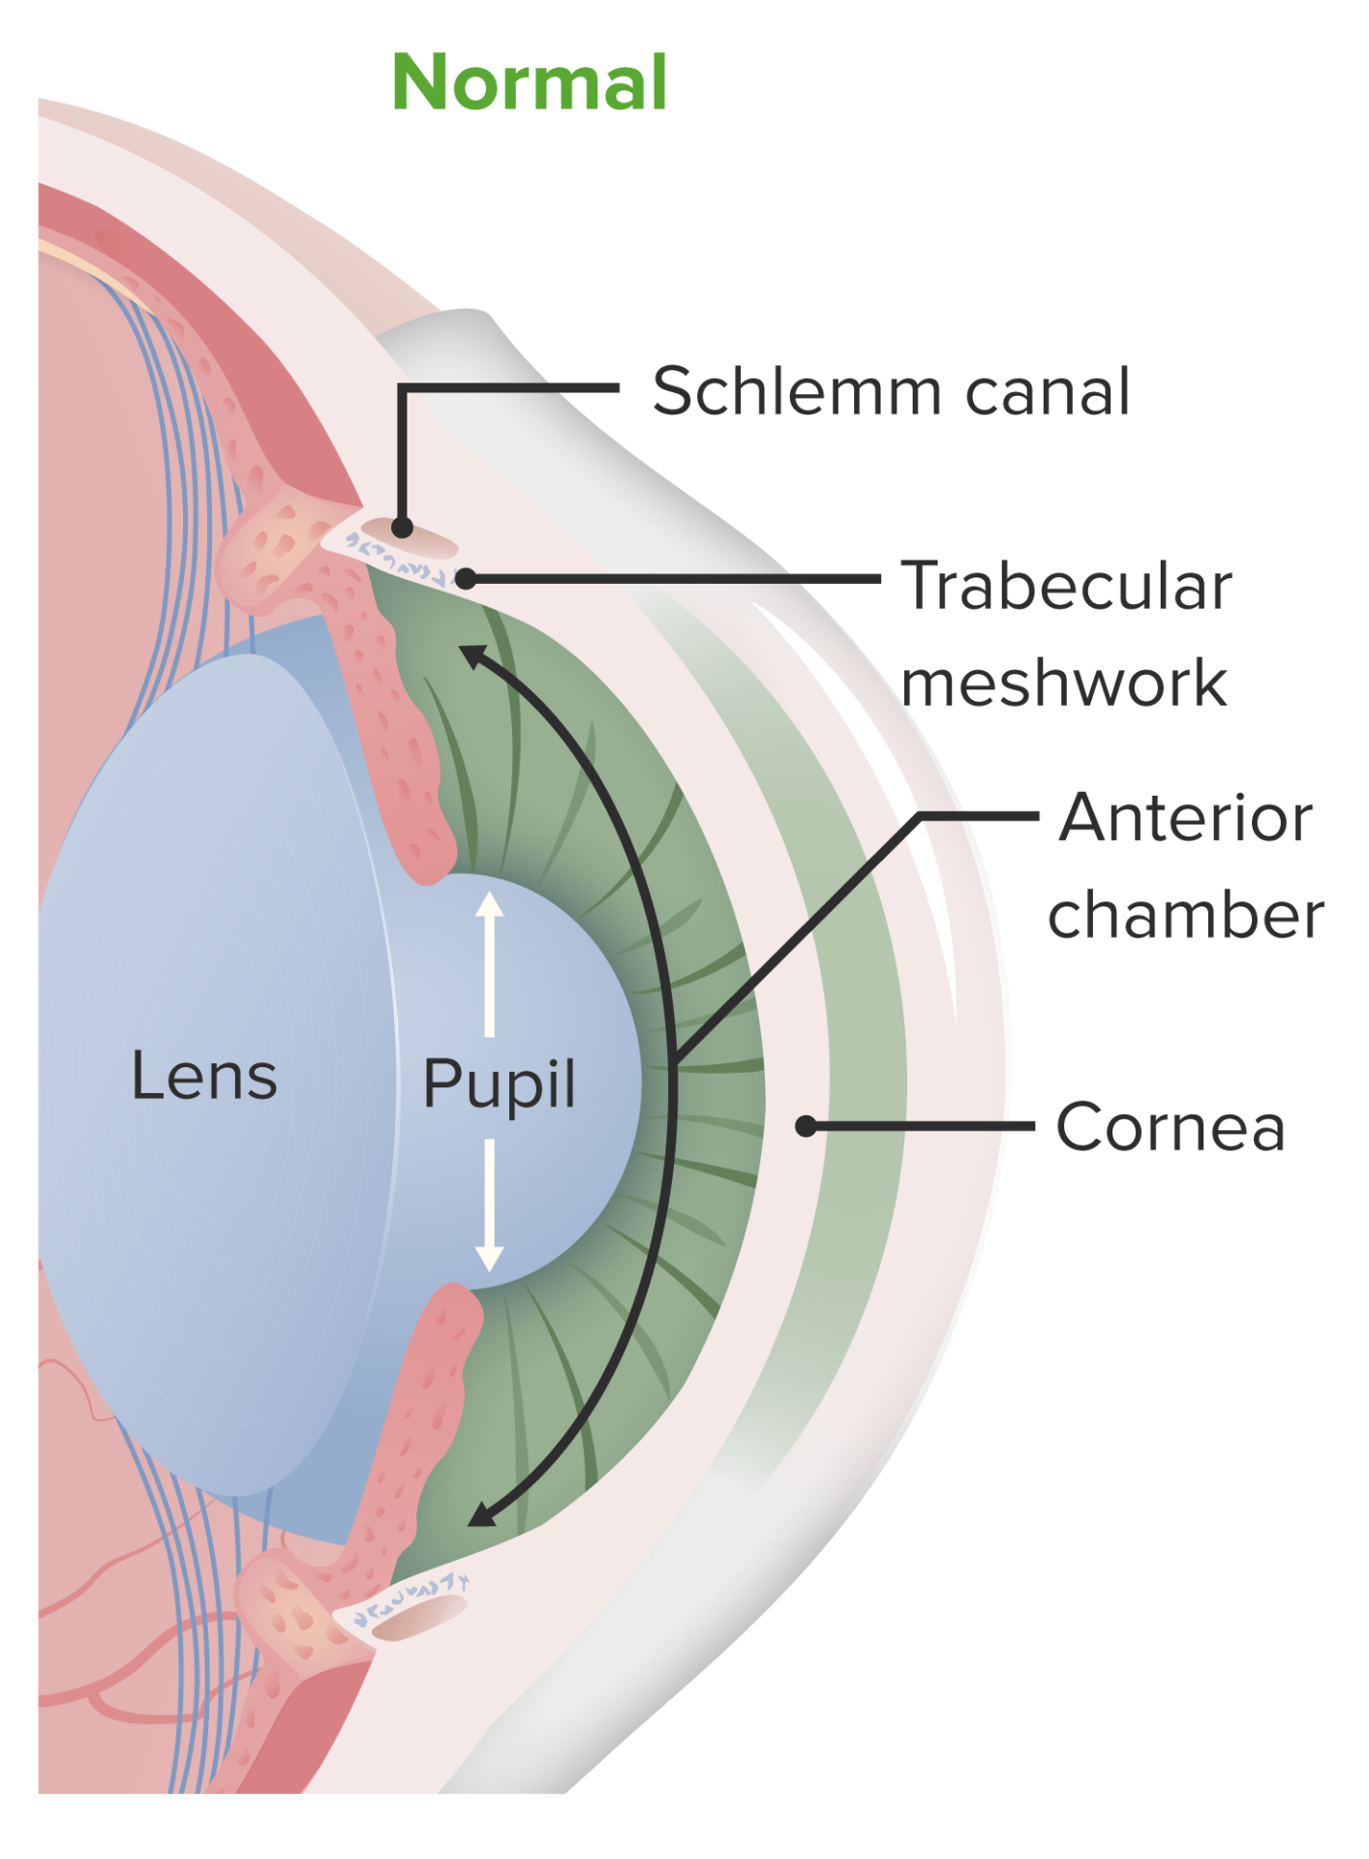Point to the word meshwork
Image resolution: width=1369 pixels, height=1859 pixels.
1063,683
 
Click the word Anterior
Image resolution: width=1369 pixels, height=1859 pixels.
1185,818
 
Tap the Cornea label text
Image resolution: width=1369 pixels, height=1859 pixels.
1170,1127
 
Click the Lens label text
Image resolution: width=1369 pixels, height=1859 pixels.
204,1076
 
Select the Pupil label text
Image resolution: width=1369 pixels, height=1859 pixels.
499,1083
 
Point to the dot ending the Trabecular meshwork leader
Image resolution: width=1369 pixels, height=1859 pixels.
466,579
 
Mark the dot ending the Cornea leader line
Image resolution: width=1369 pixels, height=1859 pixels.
806,1126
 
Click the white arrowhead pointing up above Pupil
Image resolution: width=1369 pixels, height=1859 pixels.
489,905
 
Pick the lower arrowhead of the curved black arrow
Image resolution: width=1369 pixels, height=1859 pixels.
481,1513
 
